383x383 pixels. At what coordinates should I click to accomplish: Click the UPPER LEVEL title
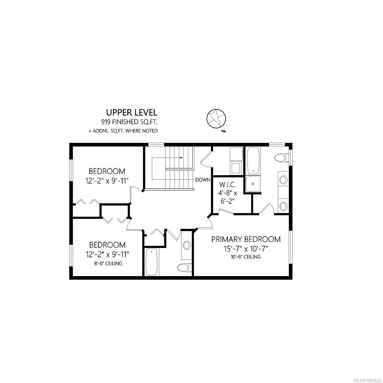pyautogui.click(x=131, y=112)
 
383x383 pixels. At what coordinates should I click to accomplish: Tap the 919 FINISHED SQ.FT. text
pyautogui.click(x=129, y=122)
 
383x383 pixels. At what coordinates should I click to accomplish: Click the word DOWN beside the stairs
pyautogui.click(x=203, y=180)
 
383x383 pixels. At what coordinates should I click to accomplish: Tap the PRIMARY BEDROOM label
pyautogui.click(x=246, y=239)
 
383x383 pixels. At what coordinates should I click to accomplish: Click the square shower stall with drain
pyautogui.click(x=253, y=184)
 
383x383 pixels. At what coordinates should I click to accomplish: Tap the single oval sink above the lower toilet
pyautogui.click(x=186, y=245)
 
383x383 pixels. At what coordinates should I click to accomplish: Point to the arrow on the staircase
pyautogui.click(x=181, y=158)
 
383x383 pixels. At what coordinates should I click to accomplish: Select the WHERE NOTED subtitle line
pyautogui.click(x=123, y=131)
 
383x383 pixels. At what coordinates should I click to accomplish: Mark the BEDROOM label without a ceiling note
pyautogui.click(x=107, y=171)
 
